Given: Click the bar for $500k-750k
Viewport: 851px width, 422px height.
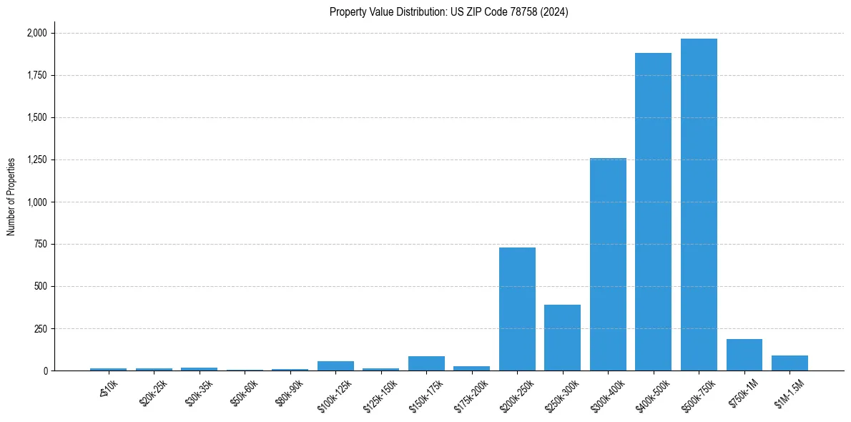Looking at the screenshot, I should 699,205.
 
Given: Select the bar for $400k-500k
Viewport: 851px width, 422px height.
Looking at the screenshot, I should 653,212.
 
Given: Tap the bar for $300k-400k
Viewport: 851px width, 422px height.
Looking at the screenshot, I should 608,265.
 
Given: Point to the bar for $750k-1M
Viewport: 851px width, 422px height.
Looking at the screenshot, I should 744,355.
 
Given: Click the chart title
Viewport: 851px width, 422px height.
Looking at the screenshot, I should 449,12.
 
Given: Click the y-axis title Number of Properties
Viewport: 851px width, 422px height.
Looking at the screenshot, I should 11,197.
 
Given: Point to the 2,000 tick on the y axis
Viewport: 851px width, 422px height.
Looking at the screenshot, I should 36,33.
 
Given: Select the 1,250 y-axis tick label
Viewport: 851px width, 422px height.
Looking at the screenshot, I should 36,160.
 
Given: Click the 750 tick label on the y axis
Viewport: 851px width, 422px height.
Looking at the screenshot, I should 41,244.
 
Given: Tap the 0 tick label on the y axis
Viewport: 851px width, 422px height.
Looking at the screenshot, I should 46,371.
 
